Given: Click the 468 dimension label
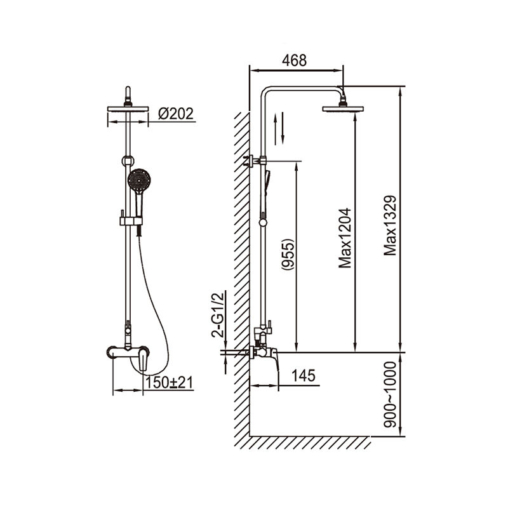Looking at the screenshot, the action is [x=294, y=60].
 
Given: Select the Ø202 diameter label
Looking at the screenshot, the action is [x=176, y=114].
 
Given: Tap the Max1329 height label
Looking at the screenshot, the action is [x=390, y=225].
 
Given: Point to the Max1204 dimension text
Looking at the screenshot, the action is [x=345, y=237].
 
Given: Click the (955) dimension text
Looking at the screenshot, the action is [x=288, y=255].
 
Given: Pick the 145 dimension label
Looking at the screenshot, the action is [x=304, y=376].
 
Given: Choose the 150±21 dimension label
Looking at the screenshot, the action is [x=169, y=383].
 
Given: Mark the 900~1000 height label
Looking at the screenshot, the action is [x=390, y=394].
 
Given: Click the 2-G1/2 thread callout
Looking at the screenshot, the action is [x=218, y=315].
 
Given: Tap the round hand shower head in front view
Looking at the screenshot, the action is [x=139, y=180].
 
